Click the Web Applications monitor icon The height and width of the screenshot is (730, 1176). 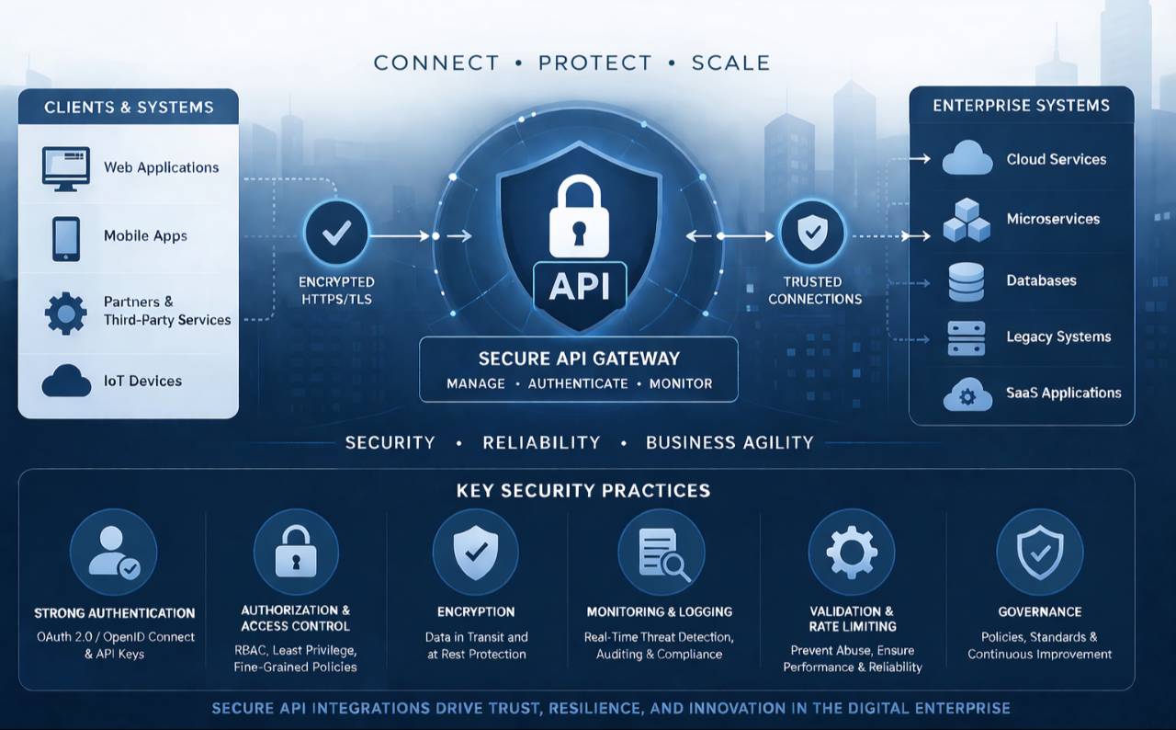(x=65, y=168)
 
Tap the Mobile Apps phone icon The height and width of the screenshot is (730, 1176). (x=65, y=237)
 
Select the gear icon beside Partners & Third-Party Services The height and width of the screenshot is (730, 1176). (x=65, y=313)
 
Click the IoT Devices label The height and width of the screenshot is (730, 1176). (x=142, y=381)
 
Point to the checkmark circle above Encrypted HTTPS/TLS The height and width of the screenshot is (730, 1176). (x=336, y=234)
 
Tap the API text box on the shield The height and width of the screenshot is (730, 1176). (x=580, y=286)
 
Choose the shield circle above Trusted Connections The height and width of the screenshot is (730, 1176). (x=812, y=234)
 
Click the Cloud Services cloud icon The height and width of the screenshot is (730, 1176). (x=967, y=159)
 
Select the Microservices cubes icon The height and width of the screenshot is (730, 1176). (x=967, y=220)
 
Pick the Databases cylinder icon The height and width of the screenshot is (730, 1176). (x=966, y=282)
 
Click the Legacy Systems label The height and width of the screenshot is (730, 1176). (x=1058, y=337)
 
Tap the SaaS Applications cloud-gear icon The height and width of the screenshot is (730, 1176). (x=967, y=394)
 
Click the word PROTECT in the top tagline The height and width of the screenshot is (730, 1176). (x=595, y=63)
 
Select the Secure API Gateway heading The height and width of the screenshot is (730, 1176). (x=579, y=359)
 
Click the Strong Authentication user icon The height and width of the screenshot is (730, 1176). (x=114, y=553)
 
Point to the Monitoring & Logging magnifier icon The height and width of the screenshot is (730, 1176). (x=662, y=553)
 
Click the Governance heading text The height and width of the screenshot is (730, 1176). (x=1039, y=611)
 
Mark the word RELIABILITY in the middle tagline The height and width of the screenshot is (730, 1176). (x=541, y=442)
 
